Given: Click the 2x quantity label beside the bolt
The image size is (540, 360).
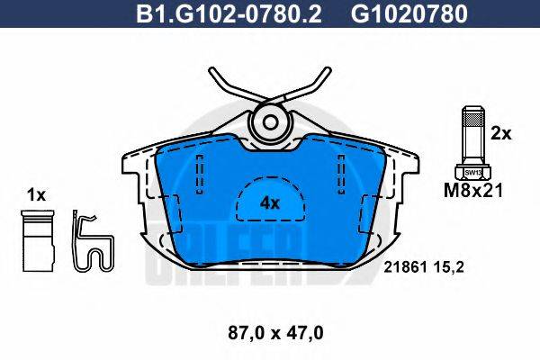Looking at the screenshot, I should tap(500, 133).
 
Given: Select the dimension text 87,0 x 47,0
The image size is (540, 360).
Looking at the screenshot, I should tap(270, 332).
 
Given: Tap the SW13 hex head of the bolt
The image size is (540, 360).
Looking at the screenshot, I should tap(472, 169).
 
